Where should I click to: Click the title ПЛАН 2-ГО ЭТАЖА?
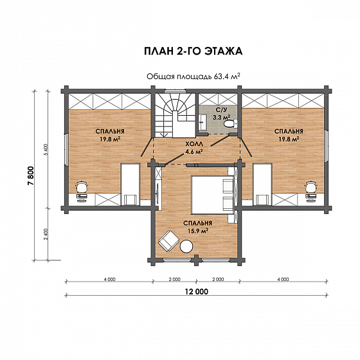(x=193, y=51)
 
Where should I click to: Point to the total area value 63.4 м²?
(x=227, y=76)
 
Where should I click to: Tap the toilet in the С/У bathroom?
(x=231, y=123)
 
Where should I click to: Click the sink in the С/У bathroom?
(x=203, y=122)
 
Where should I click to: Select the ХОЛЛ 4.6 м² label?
(x=194, y=148)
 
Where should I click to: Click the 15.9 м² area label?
(x=198, y=231)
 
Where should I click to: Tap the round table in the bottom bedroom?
(x=186, y=246)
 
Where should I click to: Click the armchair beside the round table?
(x=168, y=241)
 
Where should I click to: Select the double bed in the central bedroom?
(x=212, y=195)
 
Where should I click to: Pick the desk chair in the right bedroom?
(x=311, y=186)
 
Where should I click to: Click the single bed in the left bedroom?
(x=130, y=184)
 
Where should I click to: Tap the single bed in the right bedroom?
(x=262, y=184)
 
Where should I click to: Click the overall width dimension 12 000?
(x=197, y=292)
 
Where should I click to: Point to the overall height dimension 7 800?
(x=31, y=175)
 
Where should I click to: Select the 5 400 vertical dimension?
(x=46, y=149)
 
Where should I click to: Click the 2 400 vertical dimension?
(x=46, y=234)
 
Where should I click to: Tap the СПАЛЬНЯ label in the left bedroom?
(x=110, y=131)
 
